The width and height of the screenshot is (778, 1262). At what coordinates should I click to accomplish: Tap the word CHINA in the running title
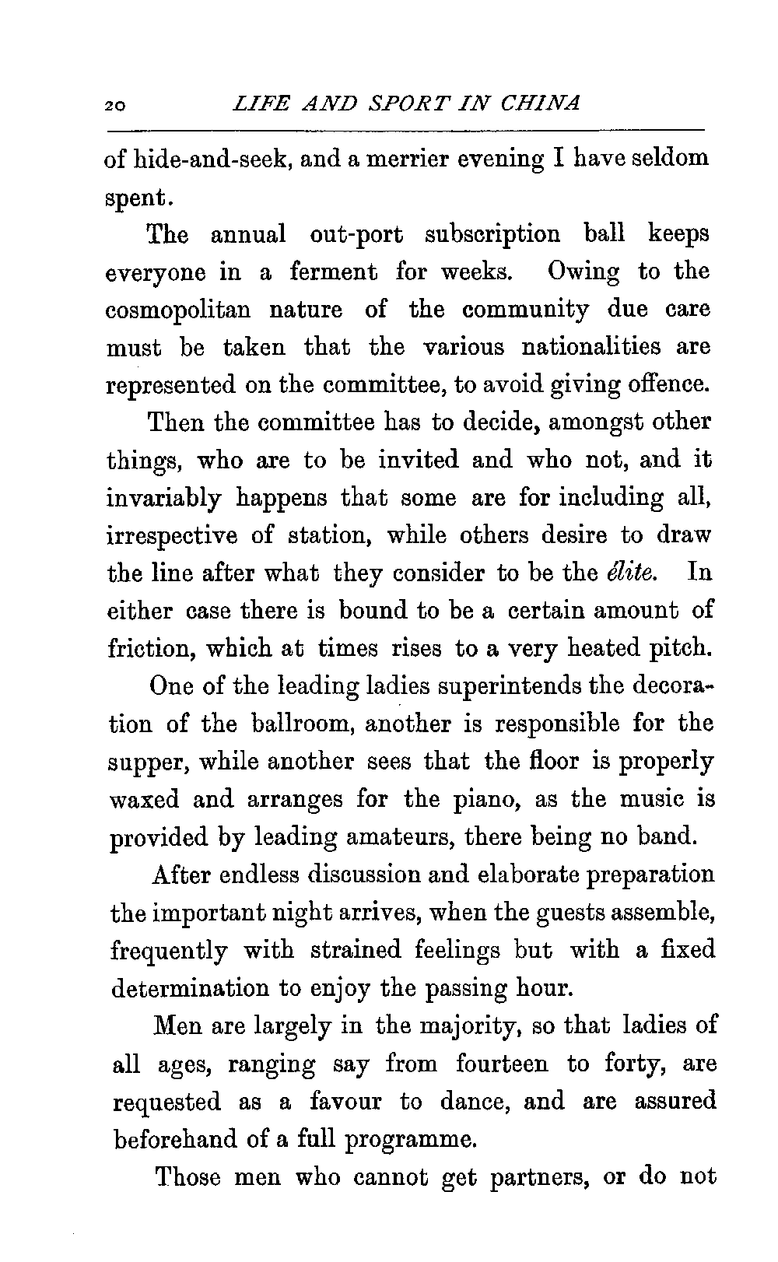tap(541, 103)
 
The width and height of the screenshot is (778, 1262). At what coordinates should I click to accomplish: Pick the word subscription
tap(492, 233)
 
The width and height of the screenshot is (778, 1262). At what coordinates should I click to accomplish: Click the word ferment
tap(334, 272)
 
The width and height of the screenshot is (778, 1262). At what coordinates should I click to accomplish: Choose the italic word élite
tap(632, 573)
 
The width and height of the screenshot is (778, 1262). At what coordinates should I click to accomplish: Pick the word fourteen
tap(502, 1063)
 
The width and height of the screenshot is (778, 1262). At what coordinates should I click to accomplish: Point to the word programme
tap(409, 1139)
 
